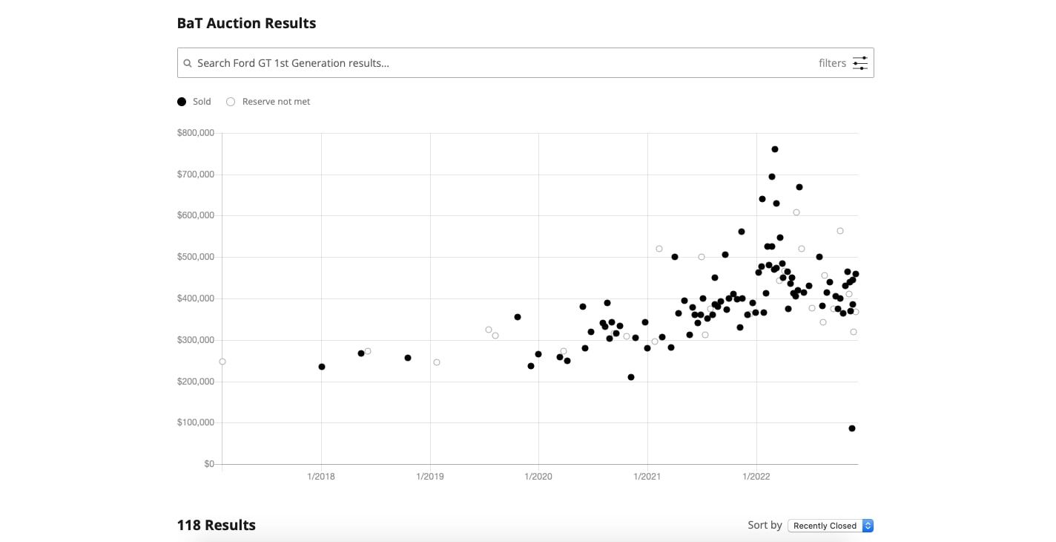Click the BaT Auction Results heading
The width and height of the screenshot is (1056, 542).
click(246, 23)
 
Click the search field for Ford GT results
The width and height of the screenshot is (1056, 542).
click(489, 63)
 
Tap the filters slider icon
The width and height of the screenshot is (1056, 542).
click(859, 63)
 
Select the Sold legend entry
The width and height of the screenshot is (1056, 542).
click(194, 102)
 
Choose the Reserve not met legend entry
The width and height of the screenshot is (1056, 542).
click(268, 102)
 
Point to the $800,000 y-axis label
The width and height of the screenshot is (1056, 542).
click(196, 133)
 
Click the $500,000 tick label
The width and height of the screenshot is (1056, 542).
click(196, 257)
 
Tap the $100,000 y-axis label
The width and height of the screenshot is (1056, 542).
click(196, 422)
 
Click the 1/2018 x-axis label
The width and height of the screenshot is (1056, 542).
click(320, 476)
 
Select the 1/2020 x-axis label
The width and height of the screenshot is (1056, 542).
click(538, 476)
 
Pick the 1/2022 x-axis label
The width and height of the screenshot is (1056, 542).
click(756, 476)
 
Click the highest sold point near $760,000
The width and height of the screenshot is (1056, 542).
click(775, 149)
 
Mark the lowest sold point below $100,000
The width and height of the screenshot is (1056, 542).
click(852, 428)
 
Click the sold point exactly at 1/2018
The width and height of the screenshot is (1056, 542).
click(322, 367)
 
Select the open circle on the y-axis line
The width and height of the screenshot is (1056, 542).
click(222, 362)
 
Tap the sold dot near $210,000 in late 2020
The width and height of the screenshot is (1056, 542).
click(631, 377)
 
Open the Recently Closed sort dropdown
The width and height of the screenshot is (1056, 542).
click(830, 526)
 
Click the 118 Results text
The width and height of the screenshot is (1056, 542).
click(216, 525)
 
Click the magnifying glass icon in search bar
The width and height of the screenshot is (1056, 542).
click(188, 63)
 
